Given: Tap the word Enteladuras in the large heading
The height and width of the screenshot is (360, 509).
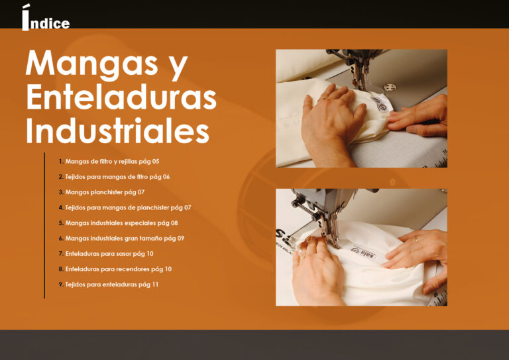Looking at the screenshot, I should coord(121,97).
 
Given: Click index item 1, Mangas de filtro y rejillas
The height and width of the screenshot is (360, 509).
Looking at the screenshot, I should coord(112,161).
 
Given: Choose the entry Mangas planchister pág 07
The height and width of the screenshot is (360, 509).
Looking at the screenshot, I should coord(105,192).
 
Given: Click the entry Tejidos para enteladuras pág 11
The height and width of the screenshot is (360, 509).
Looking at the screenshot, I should coord(111,284).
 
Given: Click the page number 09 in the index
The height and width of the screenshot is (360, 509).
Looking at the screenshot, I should coord(180,238).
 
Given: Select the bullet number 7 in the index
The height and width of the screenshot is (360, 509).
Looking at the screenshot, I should coord(60,253).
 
